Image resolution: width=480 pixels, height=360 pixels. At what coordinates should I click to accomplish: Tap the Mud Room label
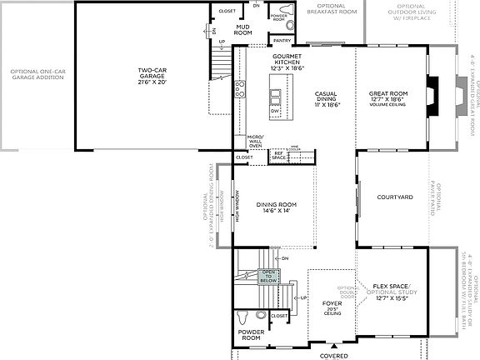pos(243,31)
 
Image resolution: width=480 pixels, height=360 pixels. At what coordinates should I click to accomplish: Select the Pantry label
pos(282,39)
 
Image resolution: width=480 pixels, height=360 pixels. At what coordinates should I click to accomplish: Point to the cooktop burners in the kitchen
pos(241,90)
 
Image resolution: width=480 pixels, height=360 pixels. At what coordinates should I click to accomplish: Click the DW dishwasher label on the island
pos(276,110)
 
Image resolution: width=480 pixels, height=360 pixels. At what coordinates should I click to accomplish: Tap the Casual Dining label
pos(325,97)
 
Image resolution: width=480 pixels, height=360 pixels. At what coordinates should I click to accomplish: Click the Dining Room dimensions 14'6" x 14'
pos(273,211)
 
